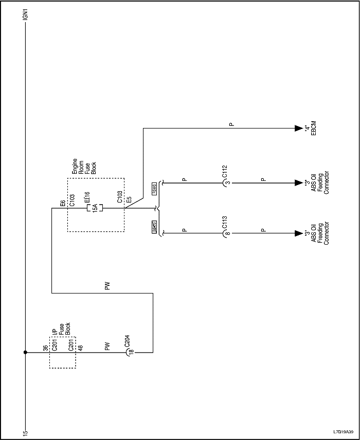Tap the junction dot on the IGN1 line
pos(25,353)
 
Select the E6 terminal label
pos(62,204)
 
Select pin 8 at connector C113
pos(227,233)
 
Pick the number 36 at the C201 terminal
pos(45,348)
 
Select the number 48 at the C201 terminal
pos(80,348)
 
